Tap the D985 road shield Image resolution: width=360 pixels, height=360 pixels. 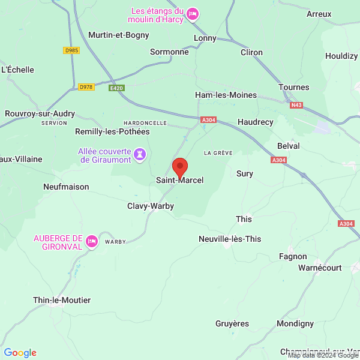pos(71,50)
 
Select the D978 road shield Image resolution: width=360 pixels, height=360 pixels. pos(86,88)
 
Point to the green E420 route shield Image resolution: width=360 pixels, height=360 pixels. pos(116,88)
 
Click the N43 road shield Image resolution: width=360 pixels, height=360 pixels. pos(296,105)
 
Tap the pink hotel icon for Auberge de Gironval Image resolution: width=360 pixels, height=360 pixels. pos(92,241)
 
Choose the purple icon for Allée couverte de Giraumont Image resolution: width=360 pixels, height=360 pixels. pos(140,155)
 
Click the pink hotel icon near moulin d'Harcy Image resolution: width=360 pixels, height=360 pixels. pos(192,14)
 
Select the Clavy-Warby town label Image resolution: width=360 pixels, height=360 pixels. pos(151,206)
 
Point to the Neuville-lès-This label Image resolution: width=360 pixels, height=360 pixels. pos(230,239)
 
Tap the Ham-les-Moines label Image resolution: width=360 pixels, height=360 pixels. pos(226,95)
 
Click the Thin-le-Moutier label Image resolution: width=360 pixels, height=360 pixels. pos(62,300)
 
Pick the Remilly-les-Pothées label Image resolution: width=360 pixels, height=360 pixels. pos(112,131)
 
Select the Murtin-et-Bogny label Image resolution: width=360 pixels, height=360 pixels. pos(118,35)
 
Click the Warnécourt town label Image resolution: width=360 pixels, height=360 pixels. pos(319,267)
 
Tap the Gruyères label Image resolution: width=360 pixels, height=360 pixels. pos(232,324)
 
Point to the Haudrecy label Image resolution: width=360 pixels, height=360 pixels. pos(255,122)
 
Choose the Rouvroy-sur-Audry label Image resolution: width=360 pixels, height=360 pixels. pos(39,113)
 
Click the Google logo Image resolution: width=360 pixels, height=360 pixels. pos(20,353)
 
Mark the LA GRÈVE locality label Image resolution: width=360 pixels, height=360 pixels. pos(218,153)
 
